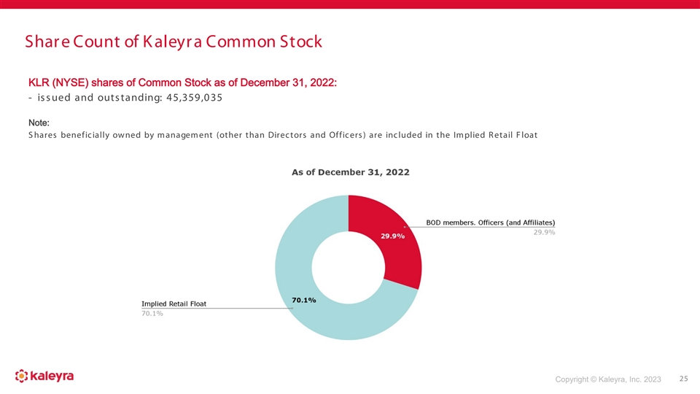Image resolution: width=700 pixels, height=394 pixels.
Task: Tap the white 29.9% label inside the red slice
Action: pyautogui.click(x=393, y=236)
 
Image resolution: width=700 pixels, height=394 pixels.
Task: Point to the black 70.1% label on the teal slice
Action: pyautogui.click(x=303, y=300)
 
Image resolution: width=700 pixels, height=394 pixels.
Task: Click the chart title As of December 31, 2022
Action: pyautogui.click(x=350, y=172)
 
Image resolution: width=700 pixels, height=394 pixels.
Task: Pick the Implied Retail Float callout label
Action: pyautogui.click(x=174, y=304)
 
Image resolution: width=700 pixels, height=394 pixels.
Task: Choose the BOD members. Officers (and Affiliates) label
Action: pyautogui.click(x=490, y=222)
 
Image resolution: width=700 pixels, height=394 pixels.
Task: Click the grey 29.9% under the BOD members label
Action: pyautogui.click(x=543, y=232)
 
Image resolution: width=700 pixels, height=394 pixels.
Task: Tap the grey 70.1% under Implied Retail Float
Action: pyautogui.click(x=152, y=313)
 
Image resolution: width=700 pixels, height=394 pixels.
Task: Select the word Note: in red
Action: pyautogui.click(x=38, y=123)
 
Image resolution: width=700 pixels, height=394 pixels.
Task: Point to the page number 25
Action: pyautogui.click(x=682, y=379)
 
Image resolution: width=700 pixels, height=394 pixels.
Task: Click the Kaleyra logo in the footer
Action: pyautogui.click(x=44, y=376)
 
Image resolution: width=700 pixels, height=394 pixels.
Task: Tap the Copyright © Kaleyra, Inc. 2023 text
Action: pyautogui.click(x=607, y=379)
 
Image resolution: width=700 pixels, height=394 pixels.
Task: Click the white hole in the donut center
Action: pyautogui.click(x=348, y=267)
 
